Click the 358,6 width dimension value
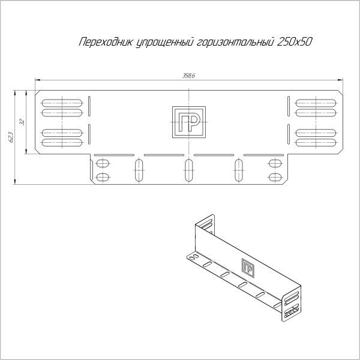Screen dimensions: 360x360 coord(189,76)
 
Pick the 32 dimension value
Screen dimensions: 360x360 coord(22,122)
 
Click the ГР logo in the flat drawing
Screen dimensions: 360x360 coord(188,122)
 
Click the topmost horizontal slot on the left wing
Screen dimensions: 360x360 coord(62,100)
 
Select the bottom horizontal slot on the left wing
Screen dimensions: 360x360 coord(62,143)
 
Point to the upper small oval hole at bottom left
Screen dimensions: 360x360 coord(103,163)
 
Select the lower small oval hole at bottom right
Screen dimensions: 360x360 coord(275,177)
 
